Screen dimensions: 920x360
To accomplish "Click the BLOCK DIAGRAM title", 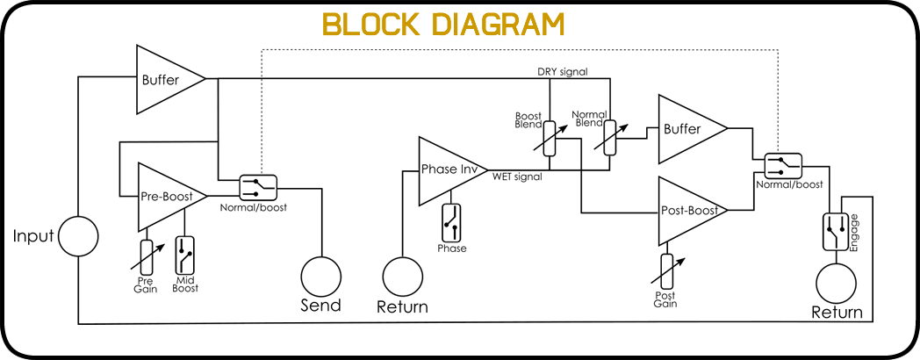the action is pos(443,24).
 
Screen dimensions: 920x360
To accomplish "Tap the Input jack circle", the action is pos(78,237).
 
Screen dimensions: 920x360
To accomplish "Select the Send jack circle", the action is pos(321,277).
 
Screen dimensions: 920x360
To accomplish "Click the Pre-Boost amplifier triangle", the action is pos(172,197).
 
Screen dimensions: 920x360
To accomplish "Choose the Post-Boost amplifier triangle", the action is pos(693,210).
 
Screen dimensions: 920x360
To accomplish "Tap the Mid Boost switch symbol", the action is pos(185,256).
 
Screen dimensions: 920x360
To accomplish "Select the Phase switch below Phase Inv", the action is pos(452,222).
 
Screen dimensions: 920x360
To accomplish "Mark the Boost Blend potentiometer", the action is pos(550,139).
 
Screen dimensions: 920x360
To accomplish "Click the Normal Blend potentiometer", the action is pos(611,138).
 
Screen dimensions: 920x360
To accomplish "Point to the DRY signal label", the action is pos(563,72).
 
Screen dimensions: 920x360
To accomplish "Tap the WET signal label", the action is pos(517,176).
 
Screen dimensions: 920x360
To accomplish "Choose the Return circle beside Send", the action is pos(402,277).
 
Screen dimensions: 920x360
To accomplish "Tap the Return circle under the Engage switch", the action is pos(836,284).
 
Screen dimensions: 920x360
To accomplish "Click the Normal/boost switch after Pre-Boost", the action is pos(258,188).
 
